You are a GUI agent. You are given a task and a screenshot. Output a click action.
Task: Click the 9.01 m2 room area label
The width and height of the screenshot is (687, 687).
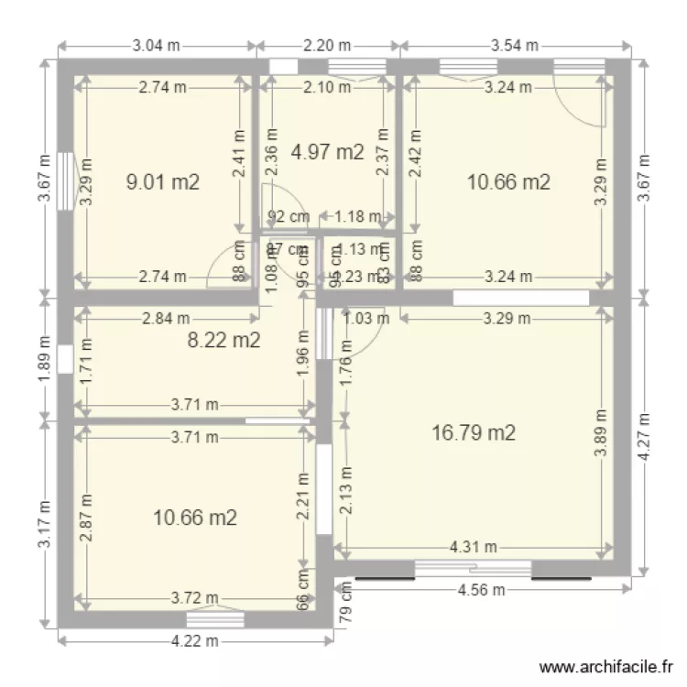[163, 181]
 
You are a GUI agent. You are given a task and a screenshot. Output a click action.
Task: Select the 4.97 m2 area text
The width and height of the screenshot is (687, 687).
[327, 152]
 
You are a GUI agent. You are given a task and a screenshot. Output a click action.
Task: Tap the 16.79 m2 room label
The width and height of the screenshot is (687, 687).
[473, 432]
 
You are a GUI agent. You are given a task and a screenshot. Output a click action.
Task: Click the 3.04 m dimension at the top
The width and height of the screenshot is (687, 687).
[158, 45]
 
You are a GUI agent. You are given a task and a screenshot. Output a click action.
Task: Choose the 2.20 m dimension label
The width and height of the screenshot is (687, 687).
[327, 45]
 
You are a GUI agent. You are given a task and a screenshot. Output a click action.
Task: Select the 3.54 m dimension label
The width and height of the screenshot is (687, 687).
[514, 45]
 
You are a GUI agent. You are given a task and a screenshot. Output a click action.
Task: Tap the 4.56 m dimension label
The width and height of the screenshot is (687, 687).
[482, 590]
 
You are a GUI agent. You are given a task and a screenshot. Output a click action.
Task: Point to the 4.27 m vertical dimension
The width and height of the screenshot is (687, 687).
[648, 436]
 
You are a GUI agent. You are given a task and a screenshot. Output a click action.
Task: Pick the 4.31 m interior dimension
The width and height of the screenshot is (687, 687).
[473, 548]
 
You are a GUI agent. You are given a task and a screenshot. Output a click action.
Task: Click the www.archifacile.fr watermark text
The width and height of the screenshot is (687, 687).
[607, 668]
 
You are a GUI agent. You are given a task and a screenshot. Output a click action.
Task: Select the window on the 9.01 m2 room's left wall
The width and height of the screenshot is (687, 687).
[63, 181]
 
